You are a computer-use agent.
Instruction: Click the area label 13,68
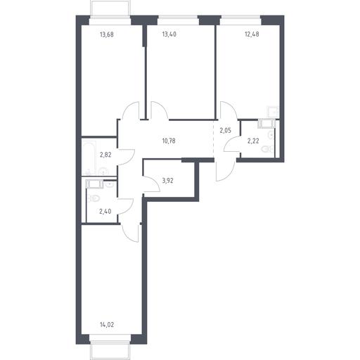coord(107,34)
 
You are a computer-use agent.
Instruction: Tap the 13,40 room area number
coord(169,34)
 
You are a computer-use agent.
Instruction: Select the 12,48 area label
coord(252,34)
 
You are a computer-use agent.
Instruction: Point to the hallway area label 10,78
coord(169,141)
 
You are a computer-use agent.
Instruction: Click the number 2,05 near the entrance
coord(225,131)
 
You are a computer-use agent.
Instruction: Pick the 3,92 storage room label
coord(168,181)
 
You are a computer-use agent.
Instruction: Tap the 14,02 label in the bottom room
coord(107,325)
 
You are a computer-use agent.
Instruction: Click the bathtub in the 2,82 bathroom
coord(89,157)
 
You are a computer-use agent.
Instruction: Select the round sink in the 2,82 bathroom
coord(103,172)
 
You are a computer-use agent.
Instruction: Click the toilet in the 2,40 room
coord(94,198)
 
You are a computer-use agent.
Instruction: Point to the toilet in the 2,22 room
coord(266,148)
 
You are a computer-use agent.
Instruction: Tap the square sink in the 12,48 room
coord(272,112)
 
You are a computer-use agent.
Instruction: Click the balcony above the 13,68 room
coord(110,8)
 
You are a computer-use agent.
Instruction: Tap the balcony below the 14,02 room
coord(110,350)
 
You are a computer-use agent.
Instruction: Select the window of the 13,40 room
coord(178,20)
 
